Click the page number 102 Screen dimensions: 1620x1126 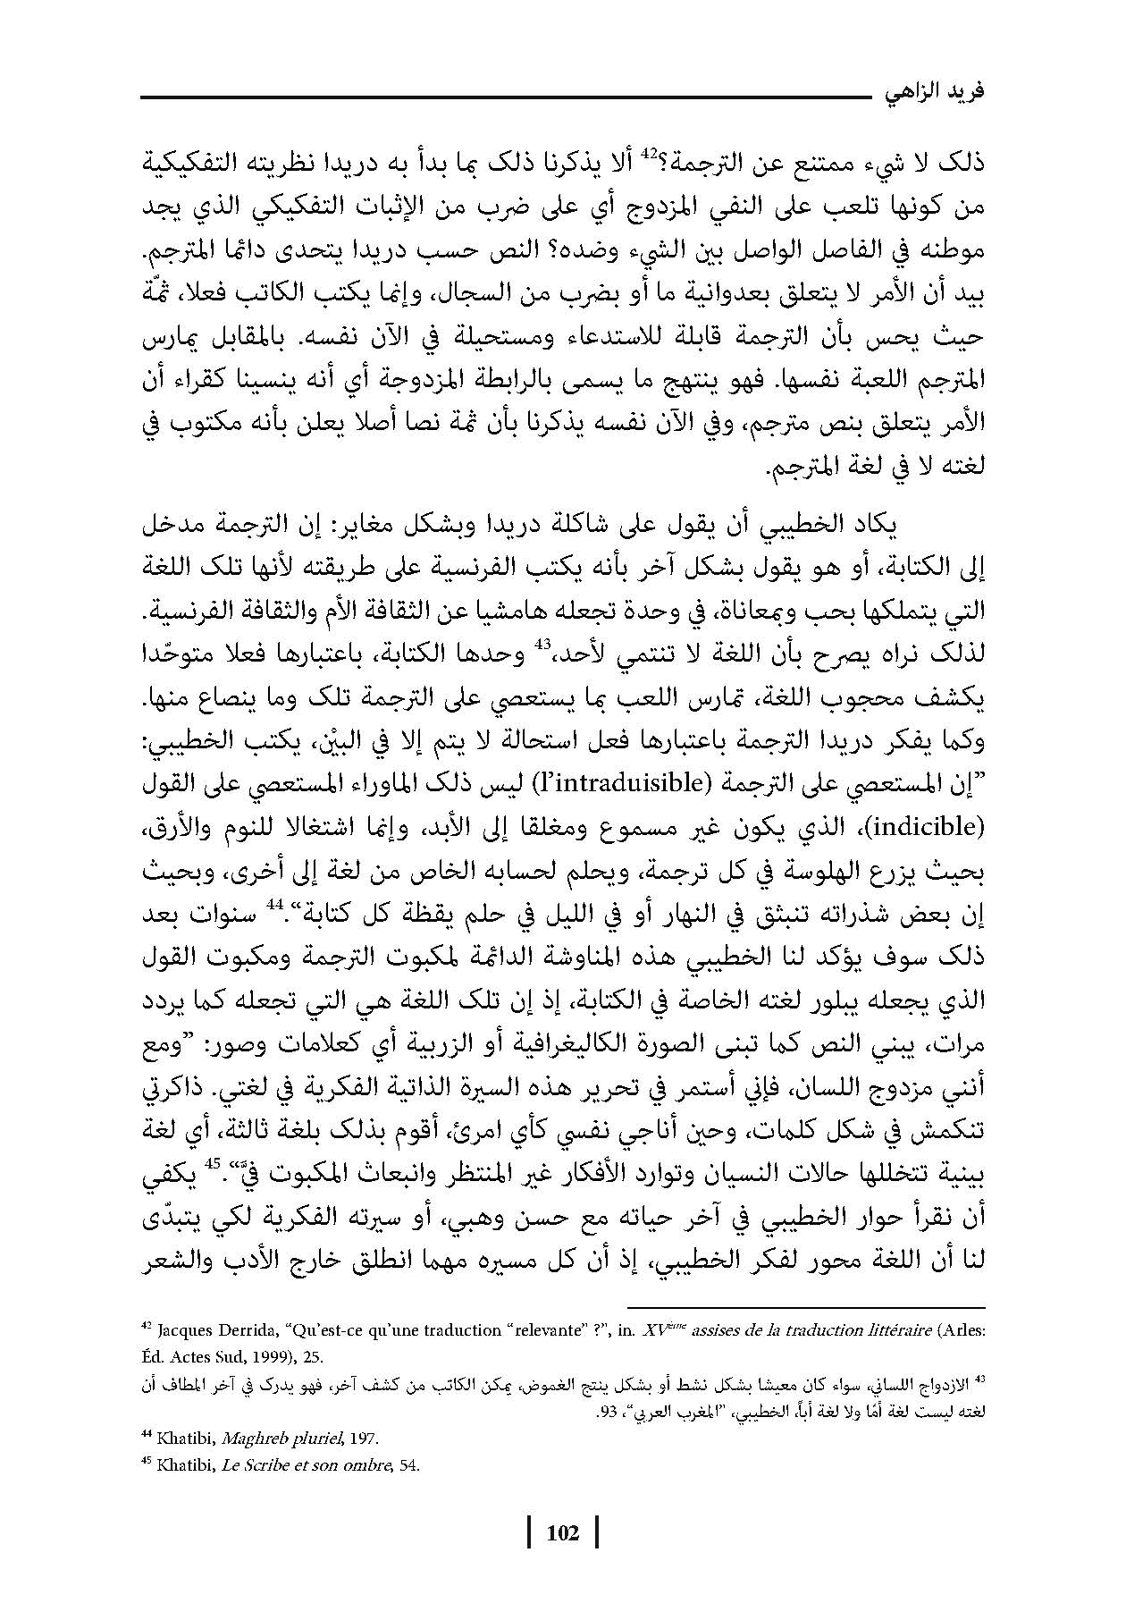563,1533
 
